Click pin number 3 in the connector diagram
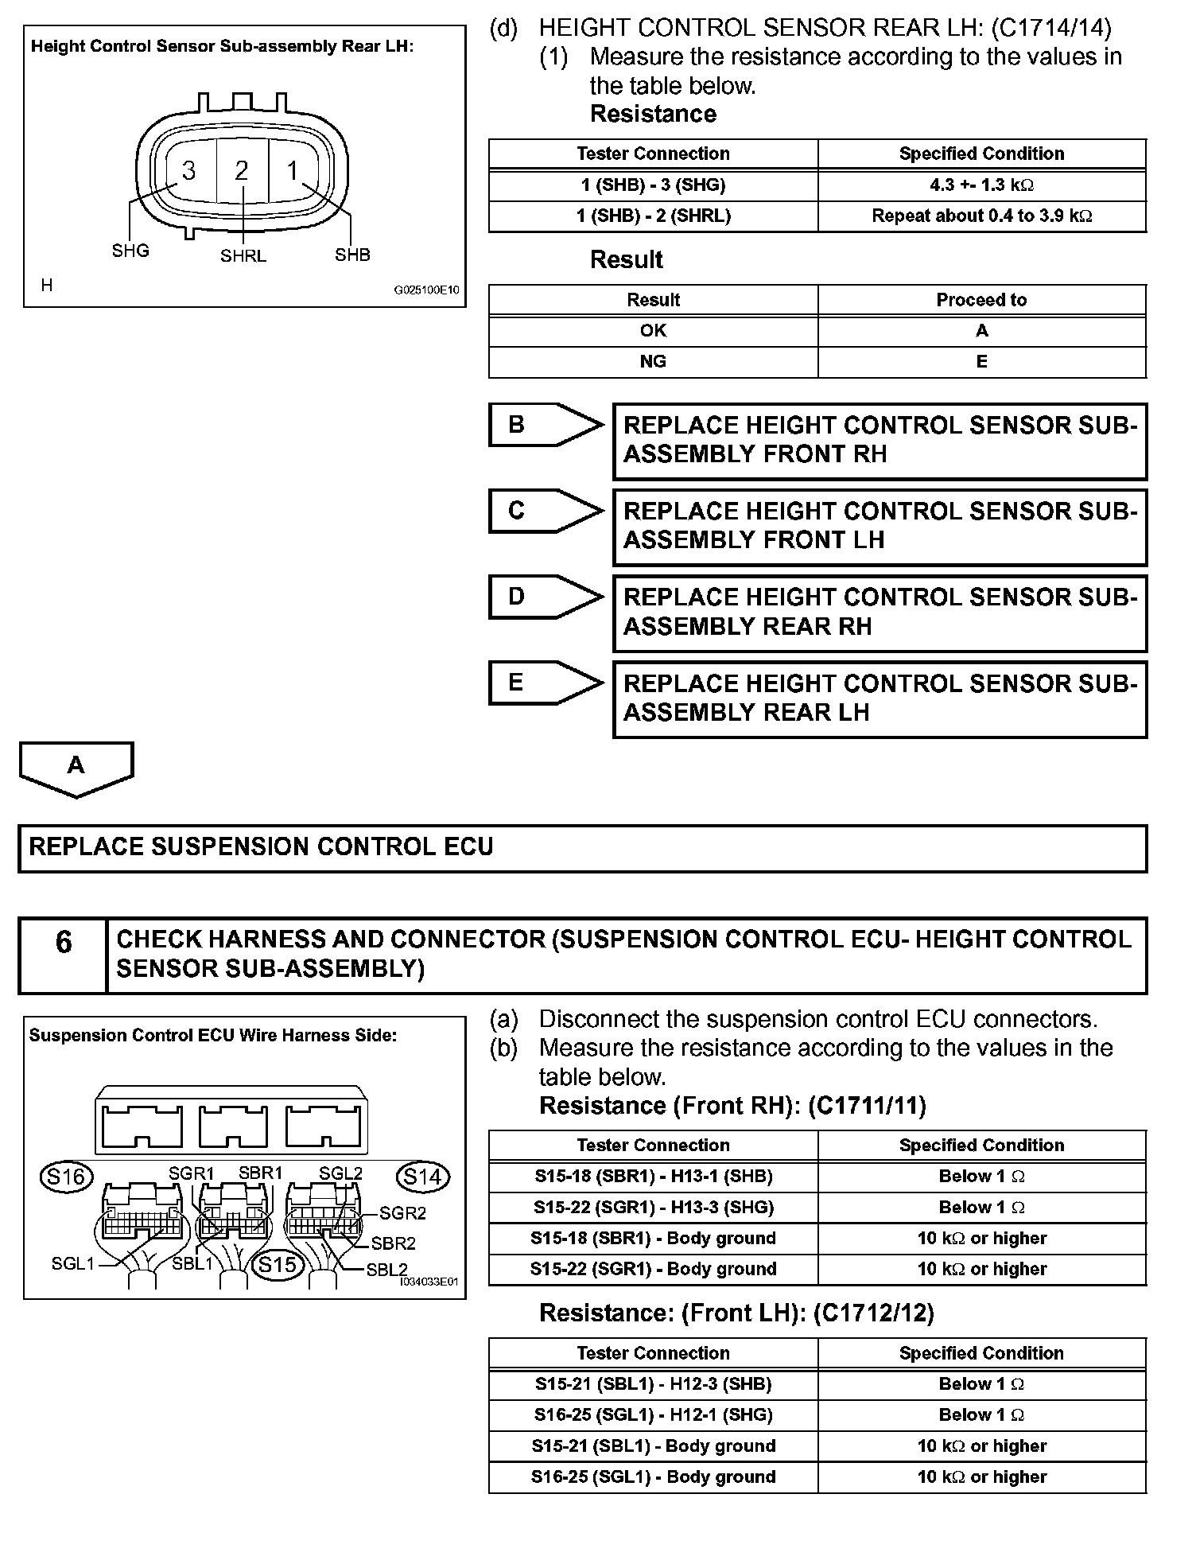coord(188,171)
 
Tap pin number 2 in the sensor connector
coord(242,171)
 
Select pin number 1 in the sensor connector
coord(293,171)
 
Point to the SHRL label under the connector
coord(243,256)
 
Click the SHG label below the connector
coord(130,251)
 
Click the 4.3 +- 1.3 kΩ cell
coord(981,185)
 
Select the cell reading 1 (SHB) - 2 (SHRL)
coord(653,216)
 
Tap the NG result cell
coord(653,362)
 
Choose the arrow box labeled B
coord(546,425)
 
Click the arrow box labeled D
coord(546,597)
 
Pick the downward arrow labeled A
coord(76,768)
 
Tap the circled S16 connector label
coord(66,1177)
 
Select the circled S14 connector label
coord(422,1177)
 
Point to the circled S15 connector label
coord(278,1265)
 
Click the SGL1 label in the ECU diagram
coord(73,1263)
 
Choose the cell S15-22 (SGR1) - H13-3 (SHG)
coord(653,1208)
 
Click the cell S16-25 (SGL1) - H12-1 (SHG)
coord(653,1415)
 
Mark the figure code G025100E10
coord(427,291)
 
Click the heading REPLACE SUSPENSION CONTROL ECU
coord(261,847)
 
